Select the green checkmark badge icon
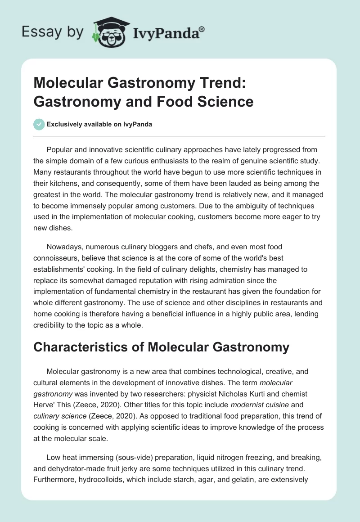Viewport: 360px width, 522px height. [x=39, y=125]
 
